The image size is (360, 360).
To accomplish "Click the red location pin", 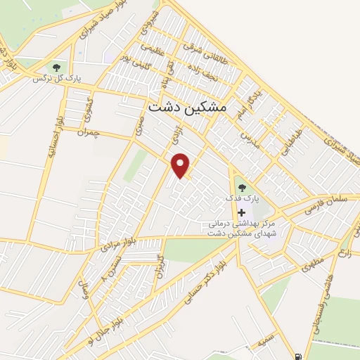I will pyautogui.click(x=181, y=165).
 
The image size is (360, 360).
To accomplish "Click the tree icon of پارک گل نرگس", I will pyautogui.click(x=56, y=67).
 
